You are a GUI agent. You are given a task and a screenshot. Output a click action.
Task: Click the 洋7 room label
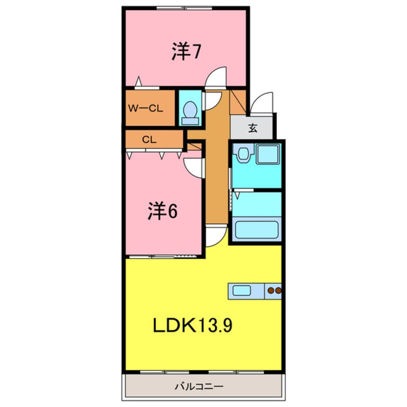point(186,52)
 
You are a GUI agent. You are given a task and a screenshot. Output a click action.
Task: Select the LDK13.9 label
point(193,326)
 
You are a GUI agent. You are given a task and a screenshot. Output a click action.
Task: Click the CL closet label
point(149,140)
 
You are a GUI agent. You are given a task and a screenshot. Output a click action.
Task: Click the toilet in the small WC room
point(191,111)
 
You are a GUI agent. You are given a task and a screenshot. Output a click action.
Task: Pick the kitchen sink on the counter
point(242,290)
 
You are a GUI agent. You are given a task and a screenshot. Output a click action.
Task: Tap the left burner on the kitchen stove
point(271,291)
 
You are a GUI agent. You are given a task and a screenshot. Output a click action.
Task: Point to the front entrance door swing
point(262,103)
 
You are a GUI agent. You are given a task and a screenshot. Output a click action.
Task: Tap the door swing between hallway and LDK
point(216,236)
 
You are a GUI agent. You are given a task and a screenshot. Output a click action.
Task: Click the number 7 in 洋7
point(196,52)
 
